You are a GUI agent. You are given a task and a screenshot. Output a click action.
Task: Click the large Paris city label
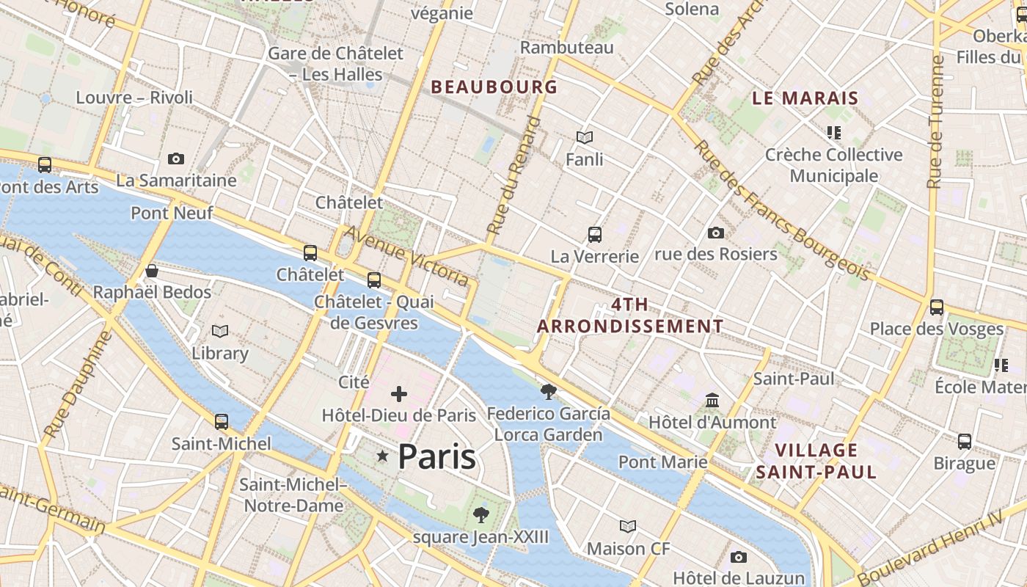[x=436, y=456]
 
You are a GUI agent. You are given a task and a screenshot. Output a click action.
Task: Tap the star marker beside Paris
[x=382, y=456]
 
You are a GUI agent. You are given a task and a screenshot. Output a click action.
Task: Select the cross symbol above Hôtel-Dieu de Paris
[x=399, y=395]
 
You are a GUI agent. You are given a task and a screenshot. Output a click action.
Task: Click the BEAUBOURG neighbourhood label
[x=494, y=87]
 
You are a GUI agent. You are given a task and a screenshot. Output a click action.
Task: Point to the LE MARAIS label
[x=805, y=98]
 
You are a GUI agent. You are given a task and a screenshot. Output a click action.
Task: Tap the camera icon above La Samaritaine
[x=176, y=158]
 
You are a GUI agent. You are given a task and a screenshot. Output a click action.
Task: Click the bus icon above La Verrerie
[x=595, y=235]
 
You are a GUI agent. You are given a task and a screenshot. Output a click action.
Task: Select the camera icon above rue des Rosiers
[x=716, y=233]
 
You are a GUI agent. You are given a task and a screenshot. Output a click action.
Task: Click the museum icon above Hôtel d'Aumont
[x=712, y=401]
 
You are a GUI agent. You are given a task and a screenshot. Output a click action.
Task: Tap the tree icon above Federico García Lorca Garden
[x=548, y=391]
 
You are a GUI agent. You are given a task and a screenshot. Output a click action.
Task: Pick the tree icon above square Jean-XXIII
[x=481, y=515]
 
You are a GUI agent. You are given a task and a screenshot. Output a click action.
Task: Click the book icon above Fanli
[x=585, y=137]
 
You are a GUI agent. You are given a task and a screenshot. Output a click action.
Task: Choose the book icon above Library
[x=220, y=332]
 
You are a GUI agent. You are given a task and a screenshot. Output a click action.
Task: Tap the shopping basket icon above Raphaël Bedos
[x=152, y=271]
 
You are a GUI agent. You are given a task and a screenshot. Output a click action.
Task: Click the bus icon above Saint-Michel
[x=222, y=422]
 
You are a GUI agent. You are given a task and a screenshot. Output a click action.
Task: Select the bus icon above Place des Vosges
[x=937, y=307]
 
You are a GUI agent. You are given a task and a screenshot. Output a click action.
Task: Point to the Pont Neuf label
[x=172, y=213]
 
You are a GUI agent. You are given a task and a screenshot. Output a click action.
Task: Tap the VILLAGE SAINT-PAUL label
[x=816, y=461]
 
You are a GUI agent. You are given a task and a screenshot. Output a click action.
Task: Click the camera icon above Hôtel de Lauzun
[x=739, y=557]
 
